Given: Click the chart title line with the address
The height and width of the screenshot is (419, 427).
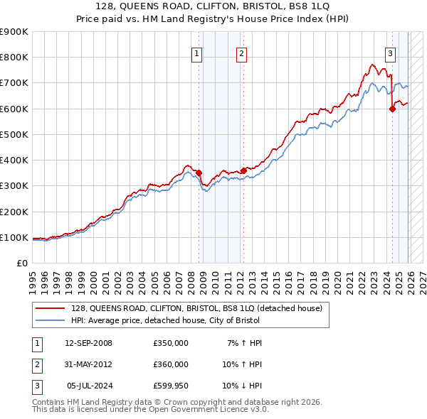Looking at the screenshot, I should pyautogui.click(x=213, y=7).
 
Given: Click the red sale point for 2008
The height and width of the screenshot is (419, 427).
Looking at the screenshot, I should pyautogui.click(x=199, y=173).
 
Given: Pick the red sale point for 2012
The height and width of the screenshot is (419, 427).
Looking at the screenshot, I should pyautogui.click(x=243, y=170).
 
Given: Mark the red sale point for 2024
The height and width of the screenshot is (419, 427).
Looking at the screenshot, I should pyautogui.click(x=392, y=109).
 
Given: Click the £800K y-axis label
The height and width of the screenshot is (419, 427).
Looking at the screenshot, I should pyautogui.click(x=14, y=57).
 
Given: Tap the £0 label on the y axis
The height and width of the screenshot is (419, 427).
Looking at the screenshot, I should pyautogui.click(x=21, y=263).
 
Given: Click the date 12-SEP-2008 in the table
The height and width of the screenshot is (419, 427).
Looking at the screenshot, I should pyautogui.click(x=88, y=343).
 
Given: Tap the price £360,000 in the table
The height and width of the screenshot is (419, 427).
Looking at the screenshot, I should pyautogui.click(x=171, y=364).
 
